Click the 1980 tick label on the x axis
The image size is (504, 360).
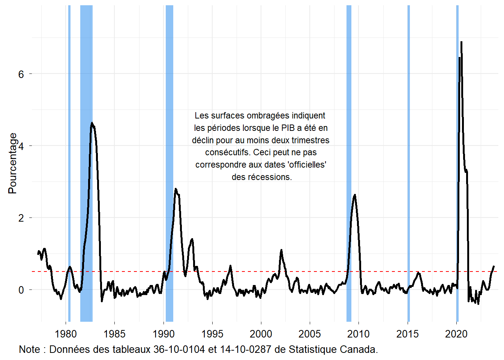click(x=66, y=334)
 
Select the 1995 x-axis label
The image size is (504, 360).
click(x=212, y=334)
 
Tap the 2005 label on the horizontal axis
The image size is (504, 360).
click(x=310, y=334)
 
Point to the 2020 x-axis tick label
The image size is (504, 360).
click(x=456, y=334)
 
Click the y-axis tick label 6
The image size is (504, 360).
click(x=21, y=74)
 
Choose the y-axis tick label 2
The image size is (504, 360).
click(x=21, y=218)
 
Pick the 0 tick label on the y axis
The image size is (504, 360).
click(x=21, y=290)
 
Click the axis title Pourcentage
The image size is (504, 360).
click(x=12, y=163)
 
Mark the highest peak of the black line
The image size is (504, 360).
click(x=461, y=42)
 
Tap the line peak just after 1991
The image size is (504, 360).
click(x=175, y=189)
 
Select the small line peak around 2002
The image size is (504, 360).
click(x=281, y=250)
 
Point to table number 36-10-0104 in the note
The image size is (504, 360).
click(x=179, y=349)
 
